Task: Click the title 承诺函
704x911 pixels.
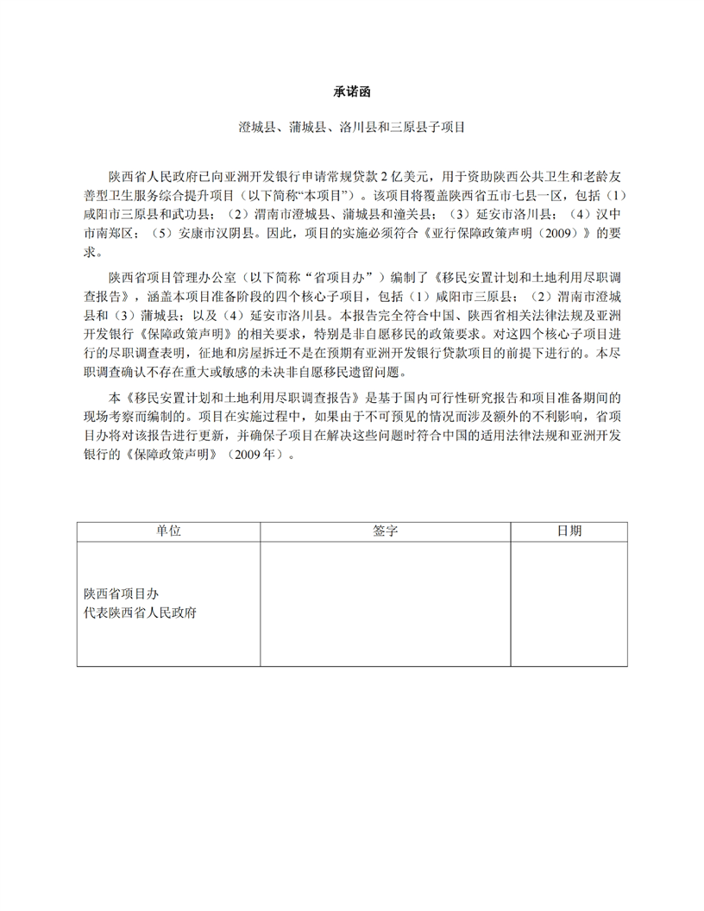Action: coord(352,90)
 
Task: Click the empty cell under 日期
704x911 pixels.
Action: coord(569,603)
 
